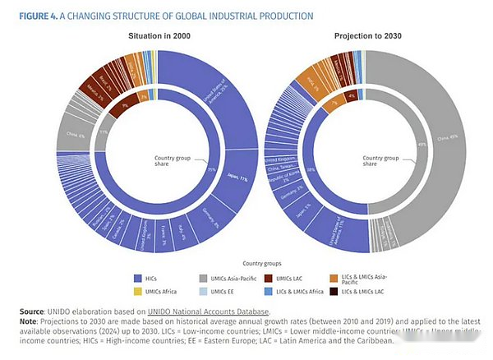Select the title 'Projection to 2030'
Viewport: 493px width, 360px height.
tap(366, 36)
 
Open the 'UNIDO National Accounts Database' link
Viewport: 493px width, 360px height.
tap(209, 311)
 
